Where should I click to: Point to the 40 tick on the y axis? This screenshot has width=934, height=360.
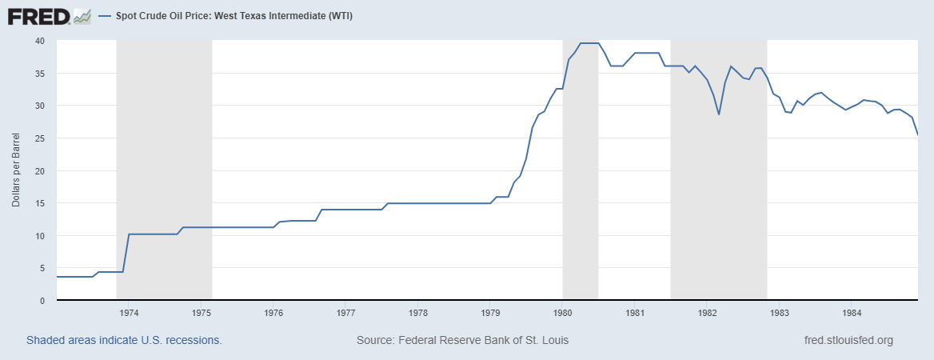(x=40, y=41)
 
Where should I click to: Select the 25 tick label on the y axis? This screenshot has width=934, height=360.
(x=40, y=138)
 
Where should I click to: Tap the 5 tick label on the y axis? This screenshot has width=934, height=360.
(x=42, y=268)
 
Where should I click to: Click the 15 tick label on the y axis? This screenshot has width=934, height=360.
(x=40, y=203)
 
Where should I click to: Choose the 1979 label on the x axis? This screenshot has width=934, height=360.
(x=491, y=312)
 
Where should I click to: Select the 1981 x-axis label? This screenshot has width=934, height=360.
(x=636, y=312)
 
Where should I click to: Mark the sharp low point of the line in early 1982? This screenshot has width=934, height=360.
(x=719, y=114)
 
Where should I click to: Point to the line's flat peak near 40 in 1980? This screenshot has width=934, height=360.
(x=589, y=43)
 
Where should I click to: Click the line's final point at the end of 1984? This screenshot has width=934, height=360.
(x=917, y=134)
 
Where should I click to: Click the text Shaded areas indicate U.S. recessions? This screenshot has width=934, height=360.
(x=124, y=340)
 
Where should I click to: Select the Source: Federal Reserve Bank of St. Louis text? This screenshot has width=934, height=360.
(x=462, y=340)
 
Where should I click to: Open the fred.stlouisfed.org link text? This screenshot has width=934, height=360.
(x=848, y=340)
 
